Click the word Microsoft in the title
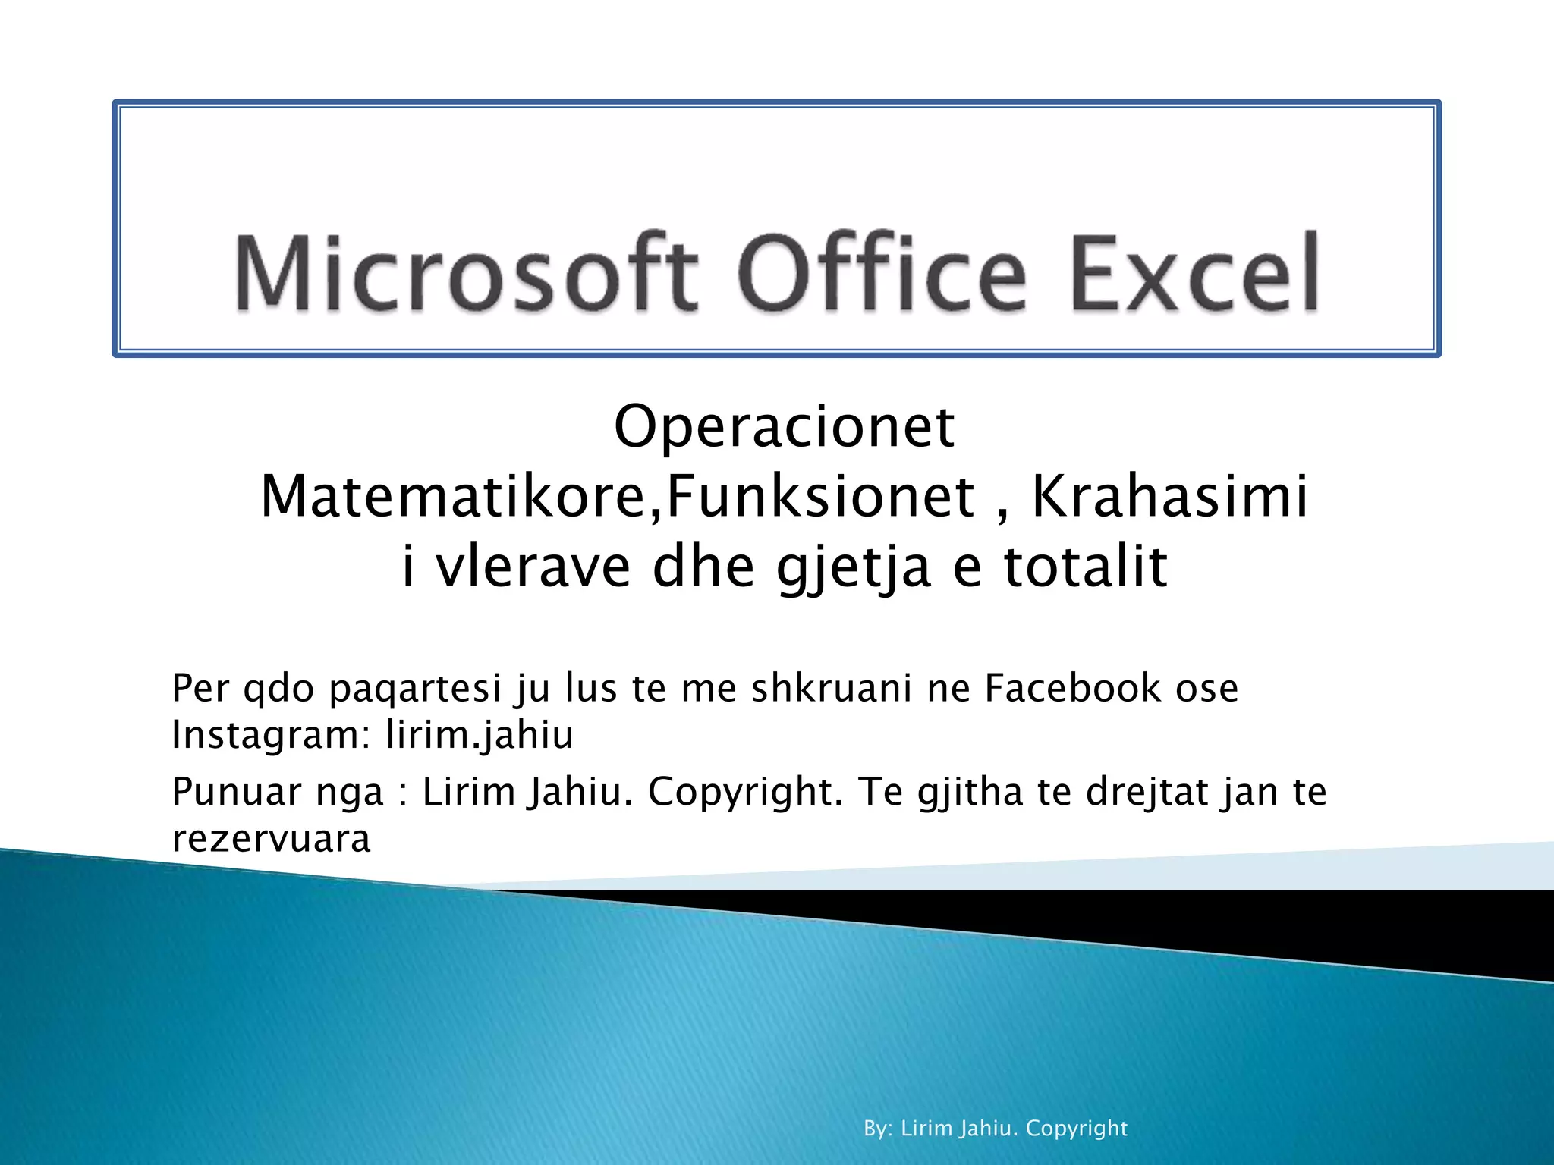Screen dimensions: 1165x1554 [465, 273]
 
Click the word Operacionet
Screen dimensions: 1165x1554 [784, 426]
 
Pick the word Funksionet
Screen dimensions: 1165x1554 [820, 497]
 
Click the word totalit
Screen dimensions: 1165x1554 [1085, 567]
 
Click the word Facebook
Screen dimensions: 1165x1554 [1073, 688]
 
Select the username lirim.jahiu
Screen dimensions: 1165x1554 [480, 735]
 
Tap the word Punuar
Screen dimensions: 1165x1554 [237, 792]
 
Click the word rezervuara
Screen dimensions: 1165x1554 [271, 839]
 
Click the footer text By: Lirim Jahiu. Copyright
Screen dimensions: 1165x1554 [996, 1129]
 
